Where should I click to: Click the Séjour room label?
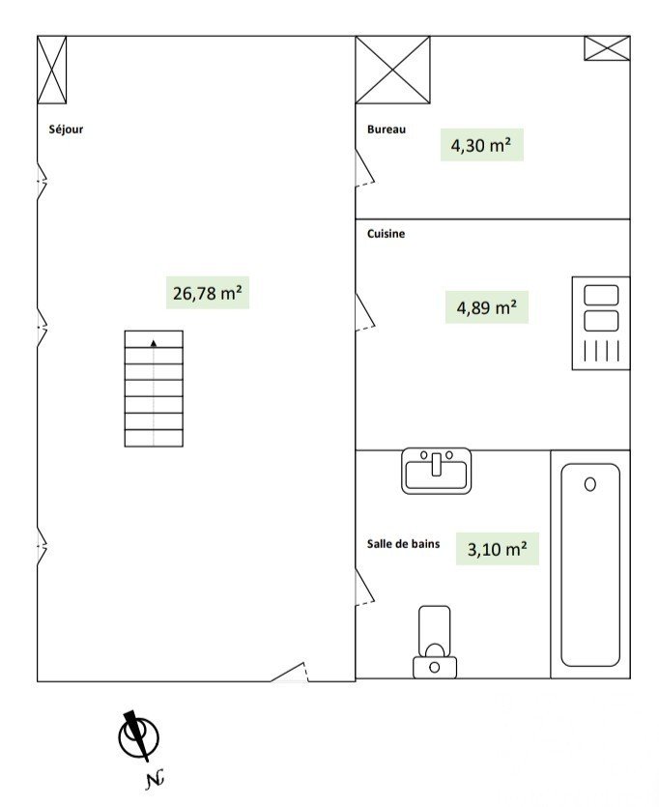[x=66, y=130]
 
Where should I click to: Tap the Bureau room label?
[x=387, y=130]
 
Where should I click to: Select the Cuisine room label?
[x=386, y=234]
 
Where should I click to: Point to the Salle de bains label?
[x=403, y=544]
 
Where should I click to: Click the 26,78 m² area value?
[x=208, y=293]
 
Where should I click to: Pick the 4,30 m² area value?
[x=481, y=145]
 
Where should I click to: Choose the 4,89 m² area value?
[x=487, y=307]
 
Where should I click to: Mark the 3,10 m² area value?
[x=497, y=549]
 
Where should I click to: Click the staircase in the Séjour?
[x=154, y=389]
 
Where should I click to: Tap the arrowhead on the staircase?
[x=154, y=343]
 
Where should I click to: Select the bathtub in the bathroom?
[x=590, y=564]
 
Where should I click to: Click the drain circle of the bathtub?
[x=590, y=484]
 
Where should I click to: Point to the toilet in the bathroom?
[x=435, y=642]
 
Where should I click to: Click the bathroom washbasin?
[x=436, y=471]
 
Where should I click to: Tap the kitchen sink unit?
[x=601, y=323]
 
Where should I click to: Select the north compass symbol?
[x=139, y=737]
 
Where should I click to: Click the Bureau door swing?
[x=364, y=168]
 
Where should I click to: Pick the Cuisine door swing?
[x=364, y=312]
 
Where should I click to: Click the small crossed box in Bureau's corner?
[x=607, y=48]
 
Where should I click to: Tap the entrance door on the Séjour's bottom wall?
[x=290, y=672]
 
